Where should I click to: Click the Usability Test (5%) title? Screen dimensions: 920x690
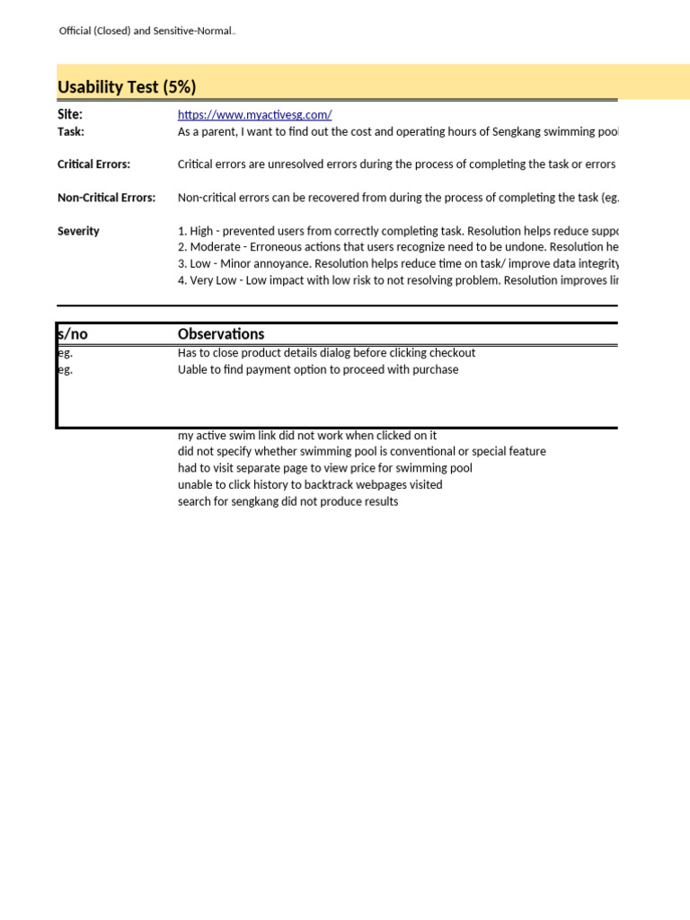127,87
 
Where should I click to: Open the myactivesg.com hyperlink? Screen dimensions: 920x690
255,115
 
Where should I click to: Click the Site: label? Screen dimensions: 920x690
70,115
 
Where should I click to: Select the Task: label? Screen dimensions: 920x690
71,131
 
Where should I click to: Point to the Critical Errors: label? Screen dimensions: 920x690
93,164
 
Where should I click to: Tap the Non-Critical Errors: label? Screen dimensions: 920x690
106,198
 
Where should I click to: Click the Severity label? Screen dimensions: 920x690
78,231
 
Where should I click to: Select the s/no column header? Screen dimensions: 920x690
73,334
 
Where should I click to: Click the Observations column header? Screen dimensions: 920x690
221,334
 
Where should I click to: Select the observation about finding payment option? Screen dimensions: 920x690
318,369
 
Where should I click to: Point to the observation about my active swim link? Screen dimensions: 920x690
307,436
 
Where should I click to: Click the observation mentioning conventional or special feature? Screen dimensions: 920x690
361,451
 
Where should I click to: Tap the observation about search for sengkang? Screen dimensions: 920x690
287,501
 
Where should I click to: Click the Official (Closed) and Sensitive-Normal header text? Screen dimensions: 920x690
146,31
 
